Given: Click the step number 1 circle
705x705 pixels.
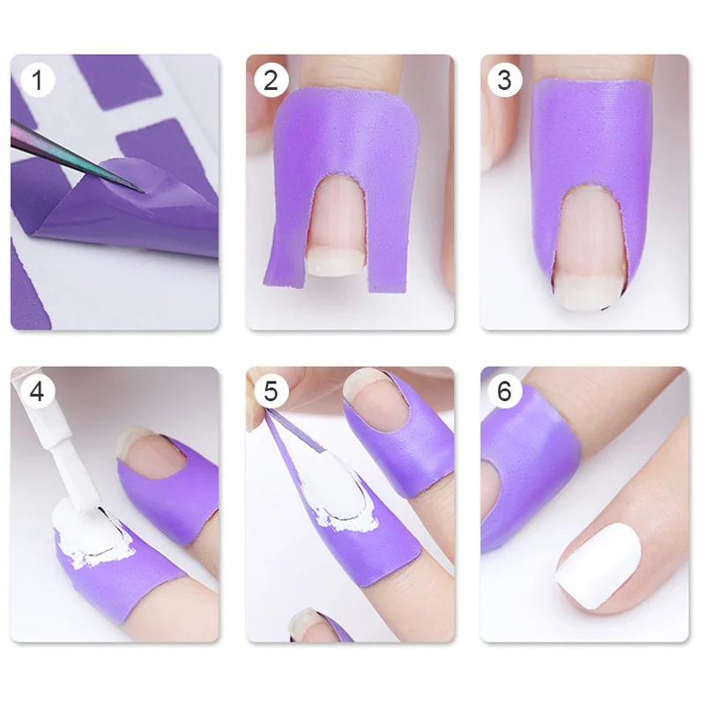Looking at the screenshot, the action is (x=37, y=80).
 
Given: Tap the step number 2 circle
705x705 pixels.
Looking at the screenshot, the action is (x=271, y=80).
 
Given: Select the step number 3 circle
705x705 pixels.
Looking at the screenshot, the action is (x=505, y=80).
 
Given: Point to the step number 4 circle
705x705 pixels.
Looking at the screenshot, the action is (x=37, y=391).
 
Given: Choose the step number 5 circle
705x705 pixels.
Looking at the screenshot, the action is (x=271, y=391).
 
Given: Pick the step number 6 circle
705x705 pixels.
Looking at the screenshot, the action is (x=505, y=391).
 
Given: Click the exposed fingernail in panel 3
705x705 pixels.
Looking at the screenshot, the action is (x=588, y=249).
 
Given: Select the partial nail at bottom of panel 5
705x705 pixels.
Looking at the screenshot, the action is (x=310, y=625).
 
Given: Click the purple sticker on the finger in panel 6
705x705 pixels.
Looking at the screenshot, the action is (x=531, y=468).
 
